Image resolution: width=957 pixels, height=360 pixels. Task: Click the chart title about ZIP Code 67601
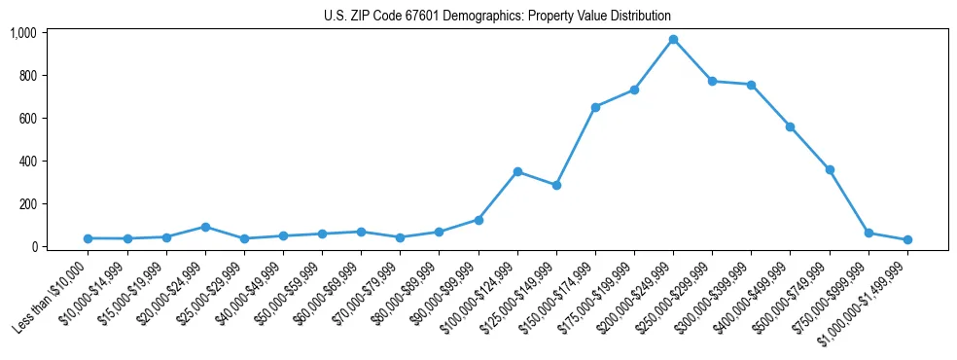pos(497,16)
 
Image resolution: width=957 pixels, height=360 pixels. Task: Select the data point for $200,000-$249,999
pos(673,39)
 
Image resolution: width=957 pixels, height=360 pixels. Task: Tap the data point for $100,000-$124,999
pos(517,171)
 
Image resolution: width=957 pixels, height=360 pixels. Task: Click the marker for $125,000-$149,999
pos(556,185)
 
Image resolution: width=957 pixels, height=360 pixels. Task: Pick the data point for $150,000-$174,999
pos(595,107)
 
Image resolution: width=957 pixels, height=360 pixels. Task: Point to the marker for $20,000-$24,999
pos(205,227)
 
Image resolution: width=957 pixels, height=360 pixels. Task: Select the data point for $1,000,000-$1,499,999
pos(907,239)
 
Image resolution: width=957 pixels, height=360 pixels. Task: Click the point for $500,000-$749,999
pos(830,169)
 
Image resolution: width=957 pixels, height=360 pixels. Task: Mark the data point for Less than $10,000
pos(89,238)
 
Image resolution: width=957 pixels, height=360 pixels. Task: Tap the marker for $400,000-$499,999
pos(791,126)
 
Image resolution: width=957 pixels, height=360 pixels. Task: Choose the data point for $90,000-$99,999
pos(478,220)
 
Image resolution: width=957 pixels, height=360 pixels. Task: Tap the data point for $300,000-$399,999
pos(752,85)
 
